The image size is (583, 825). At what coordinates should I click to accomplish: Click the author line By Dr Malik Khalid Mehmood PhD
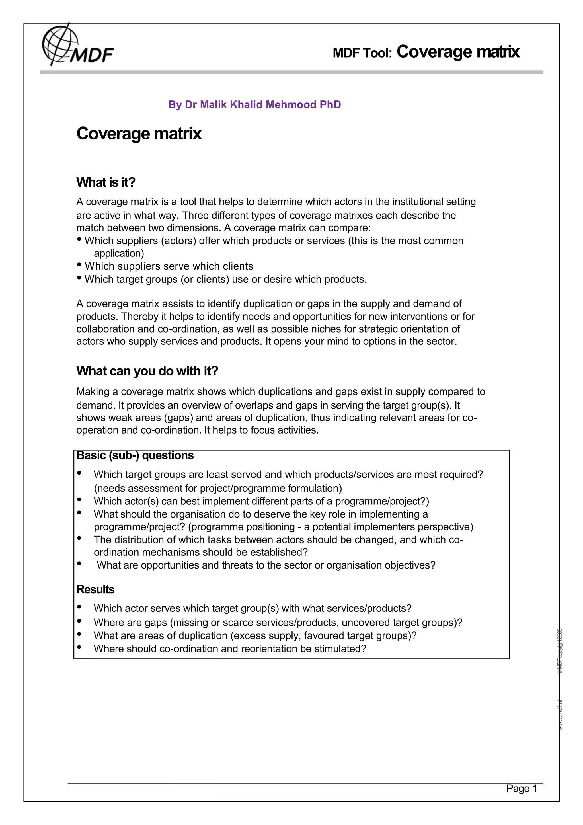point(254,104)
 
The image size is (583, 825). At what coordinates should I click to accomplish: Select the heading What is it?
point(106,182)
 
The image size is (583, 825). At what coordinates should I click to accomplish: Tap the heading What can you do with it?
point(147,371)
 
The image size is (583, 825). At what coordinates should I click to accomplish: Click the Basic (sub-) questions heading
point(135,455)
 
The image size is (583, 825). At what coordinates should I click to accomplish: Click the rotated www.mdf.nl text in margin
point(560,715)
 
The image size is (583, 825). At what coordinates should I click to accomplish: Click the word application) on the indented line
point(119,254)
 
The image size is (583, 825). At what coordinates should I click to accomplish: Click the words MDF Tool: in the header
point(362,53)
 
